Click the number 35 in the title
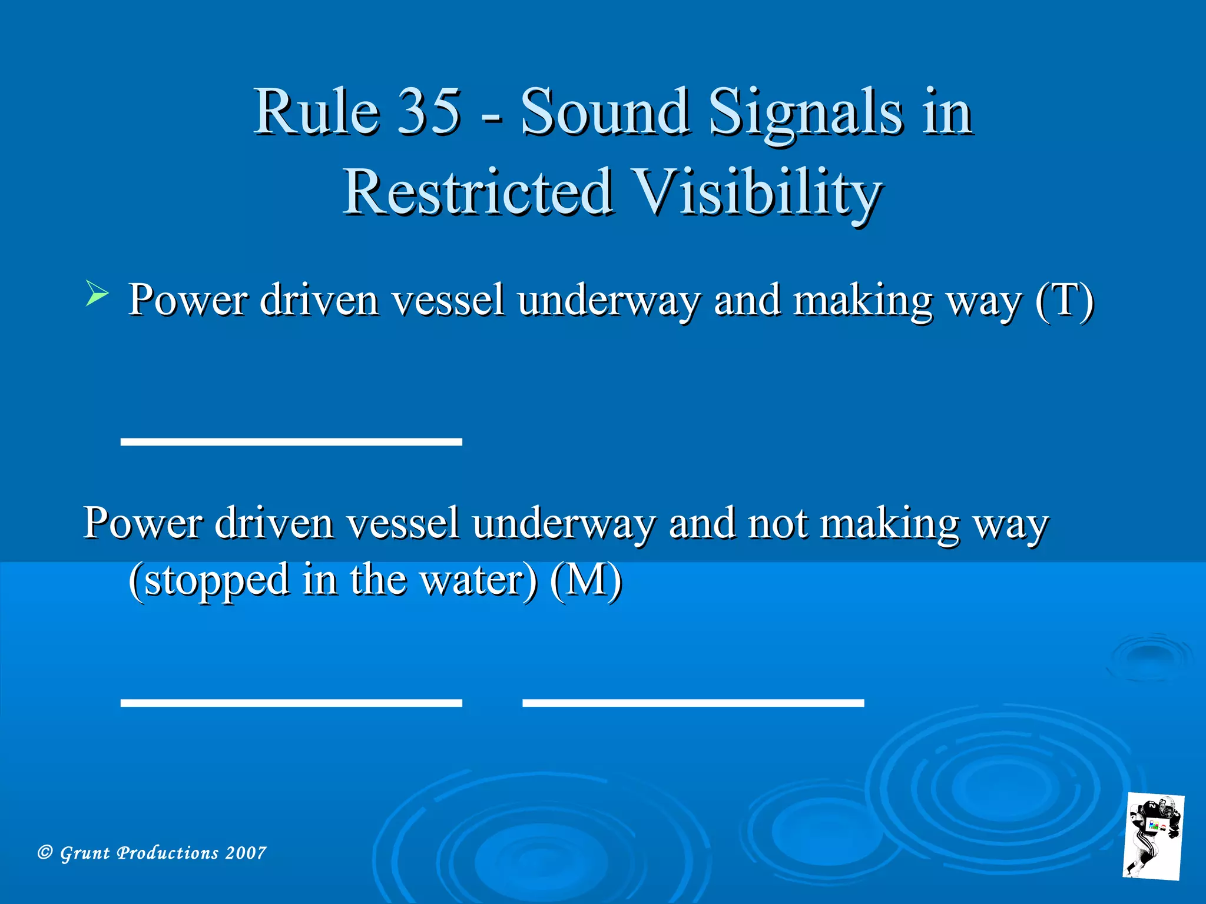(x=428, y=111)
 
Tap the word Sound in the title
(x=604, y=111)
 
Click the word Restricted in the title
(x=478, y=192)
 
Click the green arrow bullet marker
(x=97, y=293)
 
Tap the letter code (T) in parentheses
(x=1065, y=300)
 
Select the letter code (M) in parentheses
(x=586, y=579)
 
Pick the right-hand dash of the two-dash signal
(x=693, y=702)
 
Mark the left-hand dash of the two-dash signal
(x=291, y=702)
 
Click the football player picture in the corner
(x=1153, y=836)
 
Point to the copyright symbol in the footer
(x=45, y=852)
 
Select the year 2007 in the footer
(x=246, y=853)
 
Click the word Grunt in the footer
(x=85, y=853)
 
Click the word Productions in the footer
(x=168, y=853)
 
